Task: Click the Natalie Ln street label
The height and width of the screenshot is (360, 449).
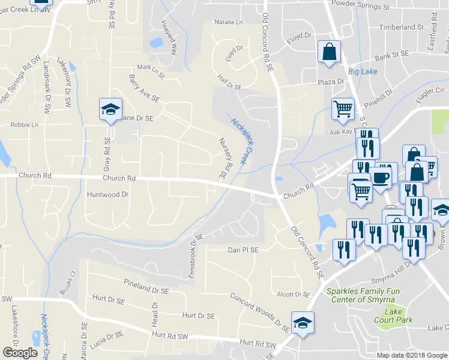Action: click(229, 23)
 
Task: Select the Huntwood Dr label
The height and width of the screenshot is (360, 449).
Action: click(108, 194)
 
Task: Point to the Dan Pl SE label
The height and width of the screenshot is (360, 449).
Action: click(243, 250)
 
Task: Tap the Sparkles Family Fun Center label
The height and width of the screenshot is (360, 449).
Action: click(367, 295)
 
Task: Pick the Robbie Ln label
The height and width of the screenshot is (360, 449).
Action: click(24, 125)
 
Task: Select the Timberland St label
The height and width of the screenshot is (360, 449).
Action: click(402, 28)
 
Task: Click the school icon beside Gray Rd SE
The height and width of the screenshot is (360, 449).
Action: click(110, 110)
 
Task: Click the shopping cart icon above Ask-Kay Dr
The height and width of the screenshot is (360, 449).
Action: click(343, 110)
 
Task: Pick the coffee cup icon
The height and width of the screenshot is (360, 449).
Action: click(382, 176)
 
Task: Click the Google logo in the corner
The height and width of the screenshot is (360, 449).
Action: click(20, 353)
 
